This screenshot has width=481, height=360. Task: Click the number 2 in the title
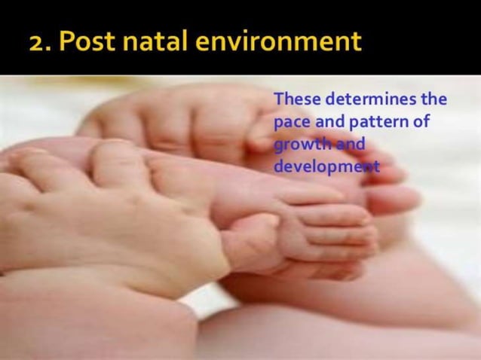(x=38, y=42)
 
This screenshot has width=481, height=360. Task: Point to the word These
(x=295, y=99)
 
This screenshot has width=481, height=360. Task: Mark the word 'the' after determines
(x=434, y=99)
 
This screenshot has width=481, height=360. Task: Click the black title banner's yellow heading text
(x=196, y=42)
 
